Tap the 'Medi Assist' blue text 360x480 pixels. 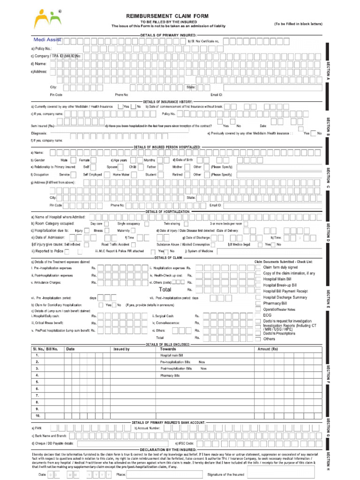point(47,40)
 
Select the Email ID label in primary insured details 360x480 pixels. point(216,95)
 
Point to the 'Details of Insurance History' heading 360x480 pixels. point(168,101)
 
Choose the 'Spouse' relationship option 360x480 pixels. point(112,166)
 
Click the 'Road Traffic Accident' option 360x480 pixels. point(115,244)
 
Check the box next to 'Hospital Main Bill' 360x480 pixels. point(259,279)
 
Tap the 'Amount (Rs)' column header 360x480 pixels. point(268,349)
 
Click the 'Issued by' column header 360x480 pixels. point(121,349)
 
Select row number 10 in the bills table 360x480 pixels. point(37,415)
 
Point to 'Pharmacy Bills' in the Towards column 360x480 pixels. point(170,375)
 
